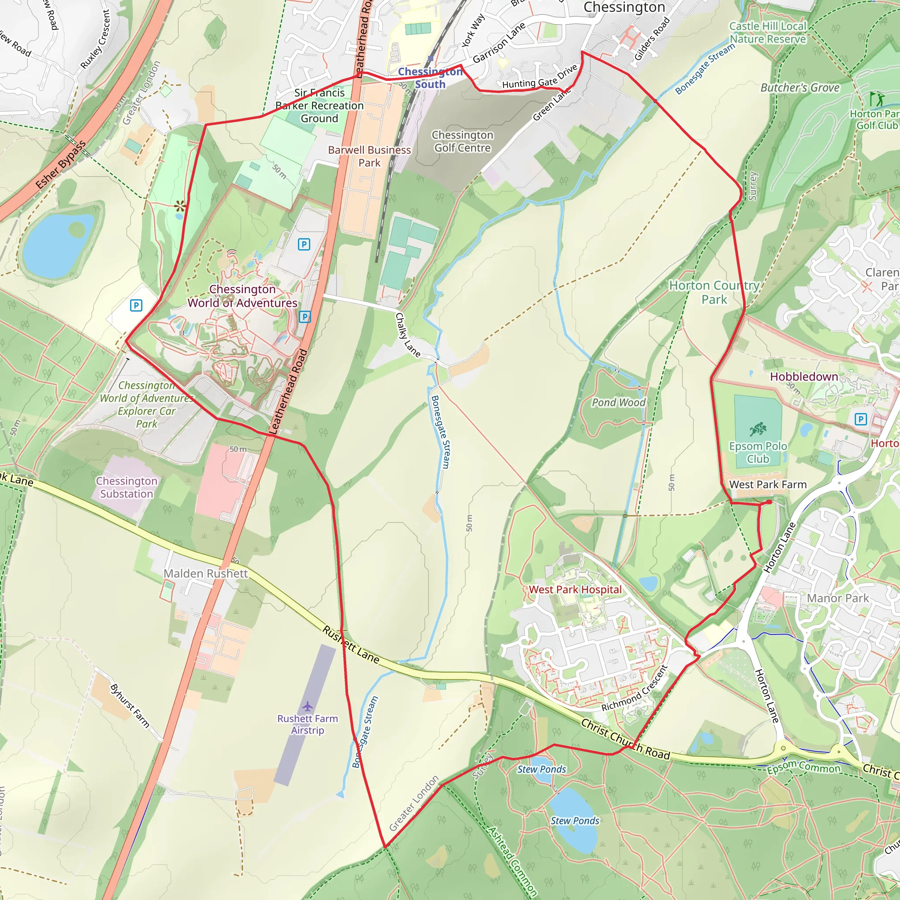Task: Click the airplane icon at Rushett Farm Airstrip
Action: click(308, 706)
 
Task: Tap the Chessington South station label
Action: click(430, 78)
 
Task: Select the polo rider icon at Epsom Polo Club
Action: click(758, 429)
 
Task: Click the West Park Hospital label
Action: click(575, 590)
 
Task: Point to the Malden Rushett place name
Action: click(205, 573)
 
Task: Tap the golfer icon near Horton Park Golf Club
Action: click(876, 99)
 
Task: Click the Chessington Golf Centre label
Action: click(462, 141)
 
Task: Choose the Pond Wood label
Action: click(619, 403)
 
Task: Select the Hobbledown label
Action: click(804, 377)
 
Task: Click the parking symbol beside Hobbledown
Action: click(860, 419)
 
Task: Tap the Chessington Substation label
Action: click(127, 487)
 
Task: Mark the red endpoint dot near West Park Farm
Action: click(769, 502)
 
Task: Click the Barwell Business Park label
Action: click(370, 156)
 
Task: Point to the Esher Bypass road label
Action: click(61, 165)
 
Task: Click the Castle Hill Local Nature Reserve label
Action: click(768, 33)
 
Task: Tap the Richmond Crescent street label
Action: click(635, 688)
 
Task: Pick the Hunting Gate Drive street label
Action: click(540, 78)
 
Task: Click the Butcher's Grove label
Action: click(800, 87)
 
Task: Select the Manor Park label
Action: click(838, 598)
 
